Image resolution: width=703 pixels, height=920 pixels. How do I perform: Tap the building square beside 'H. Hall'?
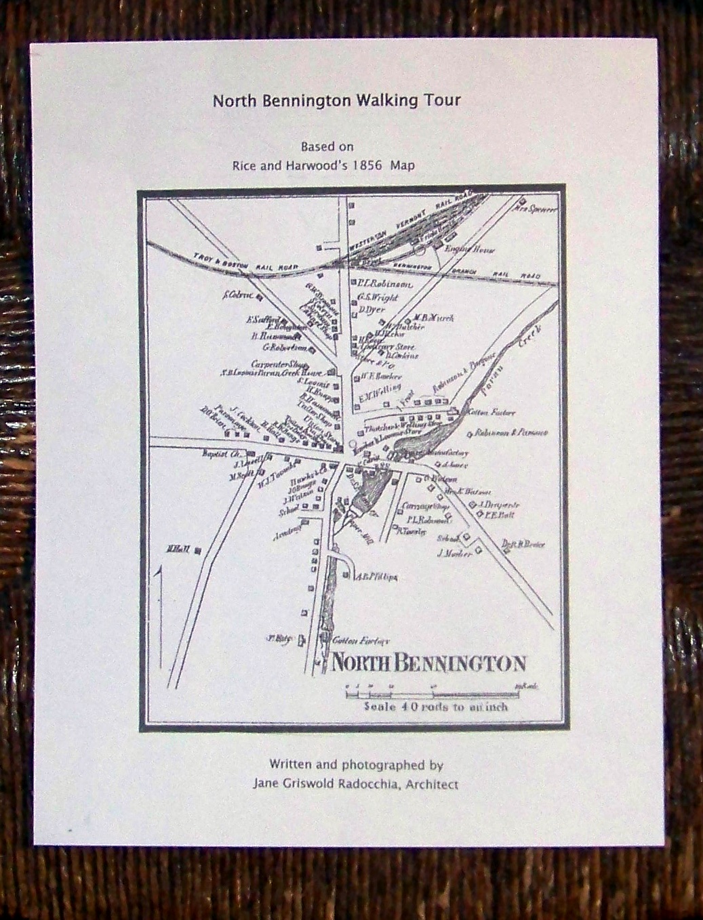(197, 551)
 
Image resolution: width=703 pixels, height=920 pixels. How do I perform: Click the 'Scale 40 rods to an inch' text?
(436, 707)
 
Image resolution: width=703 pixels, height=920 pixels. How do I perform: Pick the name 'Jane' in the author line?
(266, 785)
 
